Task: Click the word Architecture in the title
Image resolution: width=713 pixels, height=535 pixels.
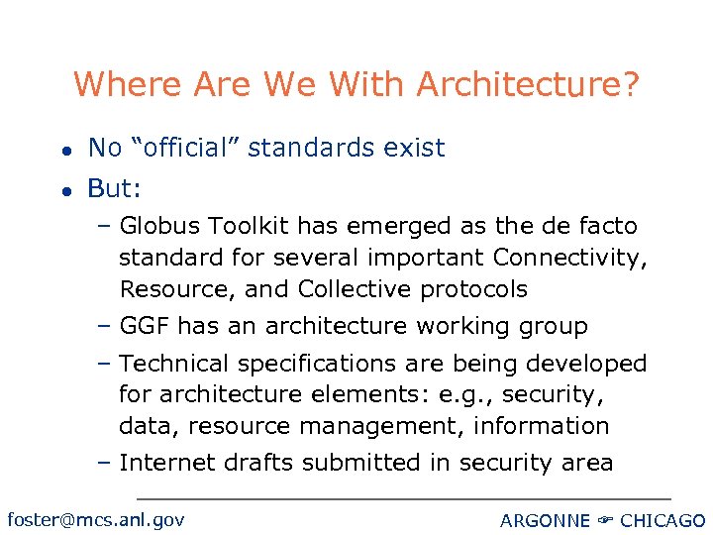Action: [x=528, y=84]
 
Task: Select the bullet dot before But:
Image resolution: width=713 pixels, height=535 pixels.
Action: [x=62, y=189]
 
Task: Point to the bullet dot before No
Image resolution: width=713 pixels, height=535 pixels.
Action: [x=62, y=150]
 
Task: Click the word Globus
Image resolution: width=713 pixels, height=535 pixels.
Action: [x=160, y=226]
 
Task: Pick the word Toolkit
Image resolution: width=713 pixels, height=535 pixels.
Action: [x=244, y=226]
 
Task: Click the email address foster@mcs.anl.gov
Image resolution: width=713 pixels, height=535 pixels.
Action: [x=95, y=519]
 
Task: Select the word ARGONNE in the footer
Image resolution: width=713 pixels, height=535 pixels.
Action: [x=545, y=521]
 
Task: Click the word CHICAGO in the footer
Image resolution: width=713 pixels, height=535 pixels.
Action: [x=662, y=521]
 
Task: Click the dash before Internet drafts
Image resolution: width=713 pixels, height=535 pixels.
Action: [x=105, y=463]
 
